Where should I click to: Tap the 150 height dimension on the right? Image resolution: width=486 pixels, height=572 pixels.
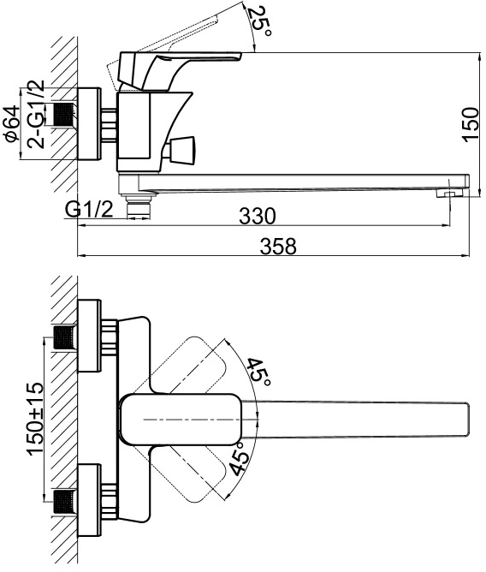tap(471, 123)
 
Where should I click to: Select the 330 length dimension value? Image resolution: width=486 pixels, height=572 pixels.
tap(258, 216)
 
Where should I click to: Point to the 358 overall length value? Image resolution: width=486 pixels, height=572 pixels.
tap(278, 246)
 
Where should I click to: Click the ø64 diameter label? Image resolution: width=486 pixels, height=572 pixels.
tap(11, 123)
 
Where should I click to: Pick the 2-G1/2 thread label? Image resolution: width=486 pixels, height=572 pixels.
tap(36, 114)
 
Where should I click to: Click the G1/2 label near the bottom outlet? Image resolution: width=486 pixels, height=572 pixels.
tap(89, 210)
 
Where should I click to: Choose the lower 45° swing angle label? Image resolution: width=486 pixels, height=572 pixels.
tap(240, 459)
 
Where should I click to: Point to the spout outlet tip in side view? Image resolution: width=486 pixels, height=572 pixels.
tap(451, 194)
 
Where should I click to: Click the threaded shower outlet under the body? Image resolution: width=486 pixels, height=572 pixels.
tap(138, 207)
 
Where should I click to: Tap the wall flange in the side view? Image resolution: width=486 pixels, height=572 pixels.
tap(89, 123)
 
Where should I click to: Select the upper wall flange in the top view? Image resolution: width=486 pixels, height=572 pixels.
tap(89, 336)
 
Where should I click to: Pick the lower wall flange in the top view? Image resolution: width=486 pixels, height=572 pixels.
tap(89, 500)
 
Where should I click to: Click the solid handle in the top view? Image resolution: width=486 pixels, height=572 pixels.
tap(181, 420)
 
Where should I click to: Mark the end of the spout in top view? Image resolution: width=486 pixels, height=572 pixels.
tap(467, 420)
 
